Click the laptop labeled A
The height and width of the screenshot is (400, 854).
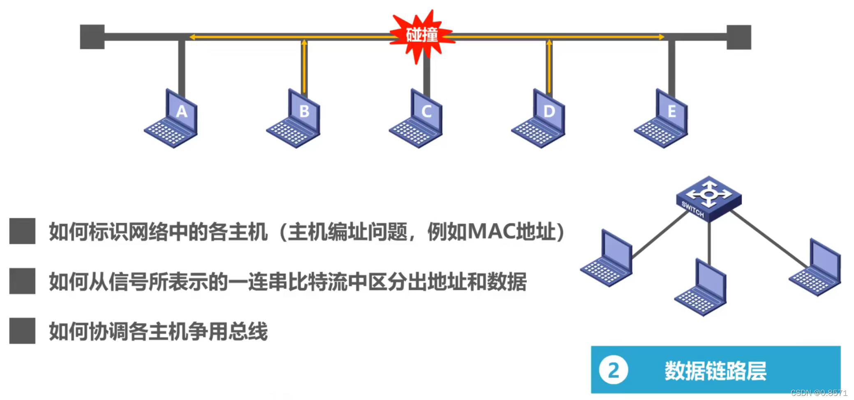(172, 119)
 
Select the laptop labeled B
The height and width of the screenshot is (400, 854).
(294, 119)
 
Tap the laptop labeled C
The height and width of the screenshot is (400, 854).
(417, 119)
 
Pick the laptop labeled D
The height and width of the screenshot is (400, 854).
(539, 119)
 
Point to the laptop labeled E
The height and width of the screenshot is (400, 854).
(662, 119)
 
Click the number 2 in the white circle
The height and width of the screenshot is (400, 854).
(613, 370)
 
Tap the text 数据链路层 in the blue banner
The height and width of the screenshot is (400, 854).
(715, 370)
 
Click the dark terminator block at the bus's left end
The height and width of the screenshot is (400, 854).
(92, 37)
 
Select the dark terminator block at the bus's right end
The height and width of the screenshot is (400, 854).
(738, 37)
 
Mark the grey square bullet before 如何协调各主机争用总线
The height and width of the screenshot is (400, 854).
(22, 331)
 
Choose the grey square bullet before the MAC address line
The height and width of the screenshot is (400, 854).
(22, 231)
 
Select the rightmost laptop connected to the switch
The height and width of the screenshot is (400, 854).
(816, 268)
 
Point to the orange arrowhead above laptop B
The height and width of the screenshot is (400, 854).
(304, 42)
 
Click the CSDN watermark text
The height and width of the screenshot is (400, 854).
(819, 393)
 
